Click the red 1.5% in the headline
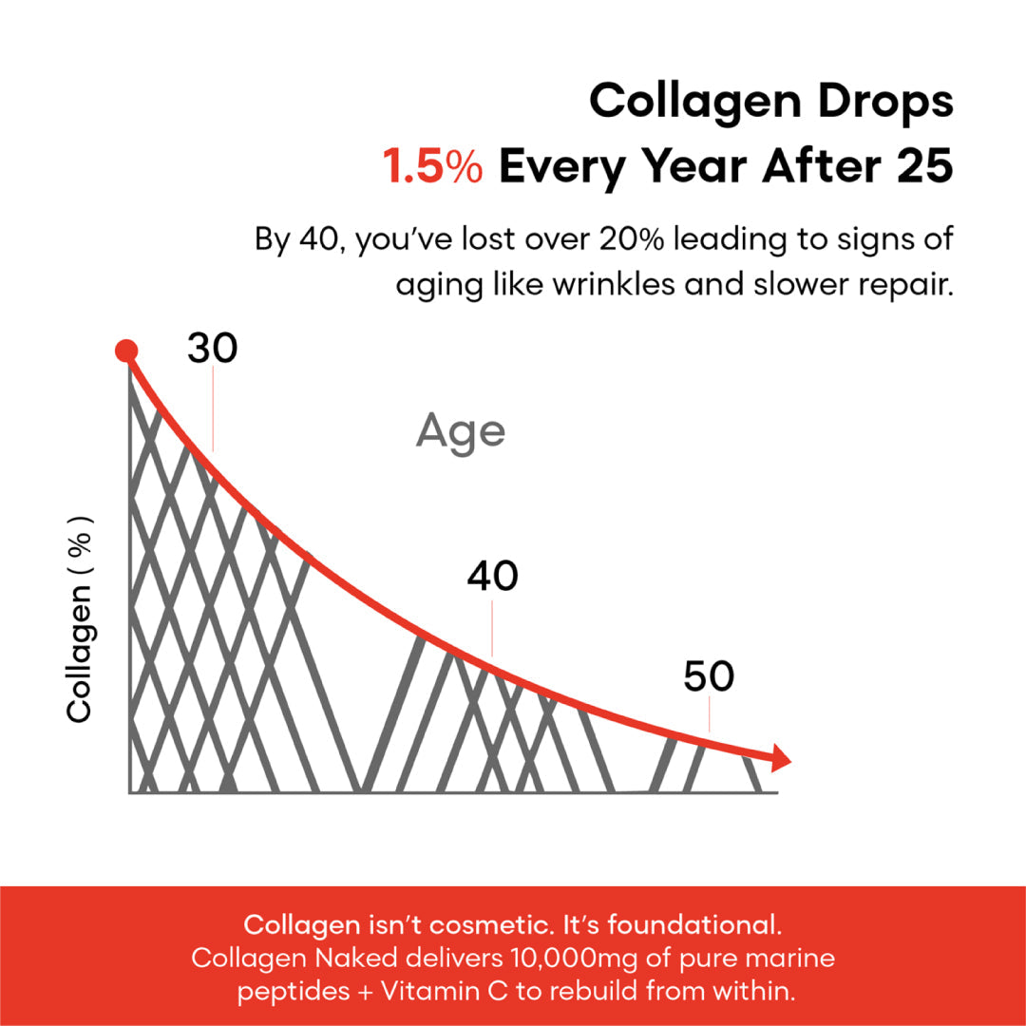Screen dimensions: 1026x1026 coord(432,165)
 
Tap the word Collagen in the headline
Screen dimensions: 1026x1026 coord(694,102)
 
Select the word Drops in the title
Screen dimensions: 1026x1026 coord(886,102)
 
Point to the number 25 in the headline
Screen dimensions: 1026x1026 coord(924,165)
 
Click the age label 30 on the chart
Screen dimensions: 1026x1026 coord(213,348)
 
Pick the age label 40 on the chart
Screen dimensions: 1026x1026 coord(493,577)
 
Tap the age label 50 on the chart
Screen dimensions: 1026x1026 coord(709,676)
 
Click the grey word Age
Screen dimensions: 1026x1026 coord(461,432)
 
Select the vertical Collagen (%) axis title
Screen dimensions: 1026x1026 coord(79,619)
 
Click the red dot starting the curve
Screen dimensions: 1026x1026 coord(126,351)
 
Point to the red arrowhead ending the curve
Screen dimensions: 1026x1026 coord(781,758)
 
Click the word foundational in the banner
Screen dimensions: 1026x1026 coord(694,924)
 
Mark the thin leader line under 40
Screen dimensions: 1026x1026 coord(492,629)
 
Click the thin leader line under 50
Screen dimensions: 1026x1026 coord(710,714)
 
